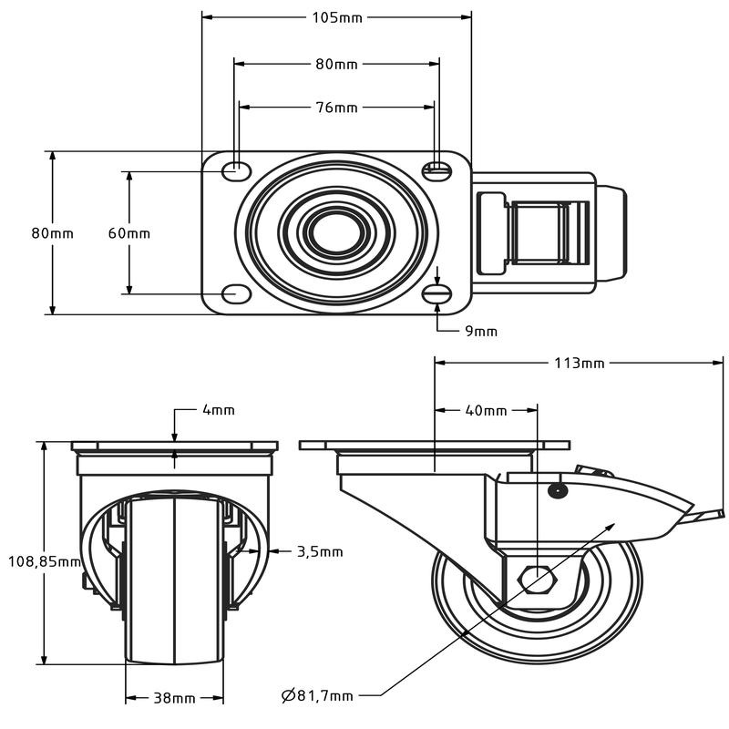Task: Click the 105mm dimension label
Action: [337, 17]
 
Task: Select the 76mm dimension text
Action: [337, 108]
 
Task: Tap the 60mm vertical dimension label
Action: [129, 233]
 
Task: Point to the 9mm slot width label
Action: [481, 331]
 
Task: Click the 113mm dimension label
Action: [580, 363]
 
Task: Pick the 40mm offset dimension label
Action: [486, 411]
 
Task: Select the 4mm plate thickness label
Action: [219, 409]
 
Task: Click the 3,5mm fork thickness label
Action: [320, 552]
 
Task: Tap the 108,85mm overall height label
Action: [45, 561]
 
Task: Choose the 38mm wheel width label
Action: [174, 698]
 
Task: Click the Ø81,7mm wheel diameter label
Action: [317, 695]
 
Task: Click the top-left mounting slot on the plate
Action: [236, 171]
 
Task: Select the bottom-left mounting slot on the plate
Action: [236, 294]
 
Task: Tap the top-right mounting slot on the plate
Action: [437, 171]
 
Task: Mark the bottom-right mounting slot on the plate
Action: [437, 294]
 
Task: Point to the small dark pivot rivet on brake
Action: [557, 490]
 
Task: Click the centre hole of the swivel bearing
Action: [336, 233]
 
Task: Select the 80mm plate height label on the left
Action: [53, 233]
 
